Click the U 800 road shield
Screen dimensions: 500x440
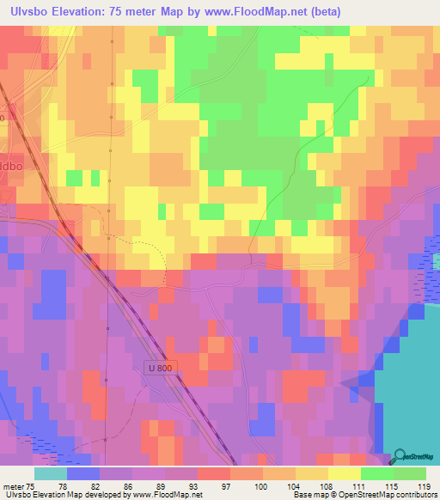coord(160,366)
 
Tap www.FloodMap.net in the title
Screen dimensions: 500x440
coord(263,12)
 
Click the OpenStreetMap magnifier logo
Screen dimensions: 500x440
coord(401,459)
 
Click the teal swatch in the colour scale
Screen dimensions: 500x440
coord(50,473)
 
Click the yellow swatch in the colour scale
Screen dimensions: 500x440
coord(344,473)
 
